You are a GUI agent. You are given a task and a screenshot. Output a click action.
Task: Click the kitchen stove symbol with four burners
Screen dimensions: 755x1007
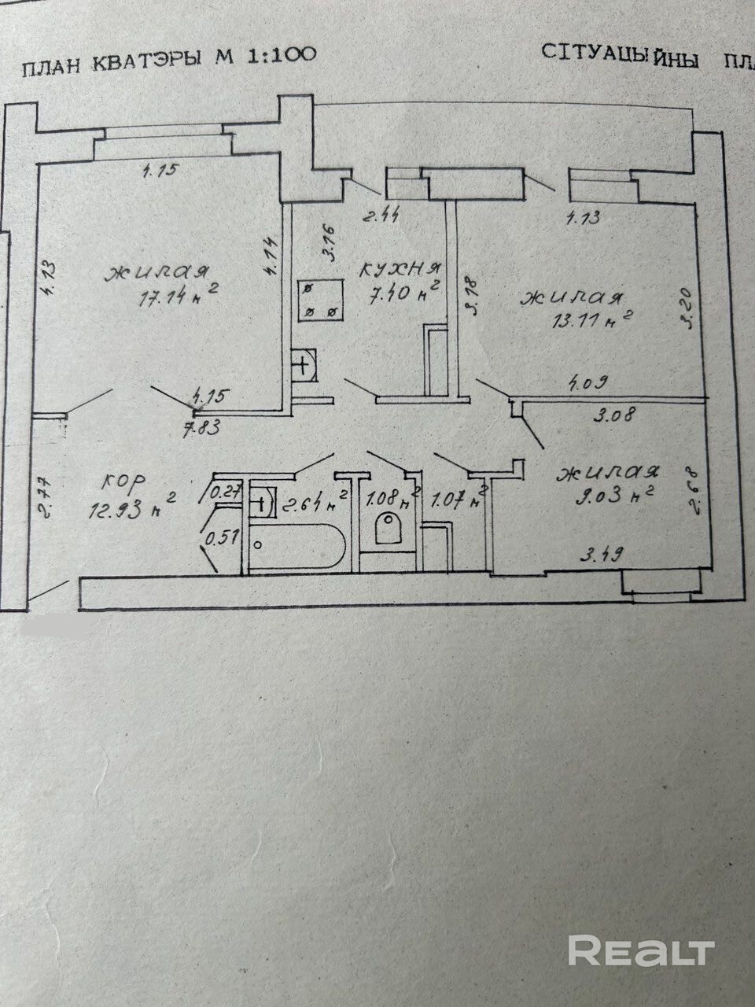(321, 301)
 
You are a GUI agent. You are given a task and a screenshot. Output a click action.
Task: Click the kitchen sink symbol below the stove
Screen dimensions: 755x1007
(305, 364)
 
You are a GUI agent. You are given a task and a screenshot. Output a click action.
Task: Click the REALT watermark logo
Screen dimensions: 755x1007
(641, 950)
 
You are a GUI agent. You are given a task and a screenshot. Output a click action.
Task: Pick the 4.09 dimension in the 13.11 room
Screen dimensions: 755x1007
(591, 385)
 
